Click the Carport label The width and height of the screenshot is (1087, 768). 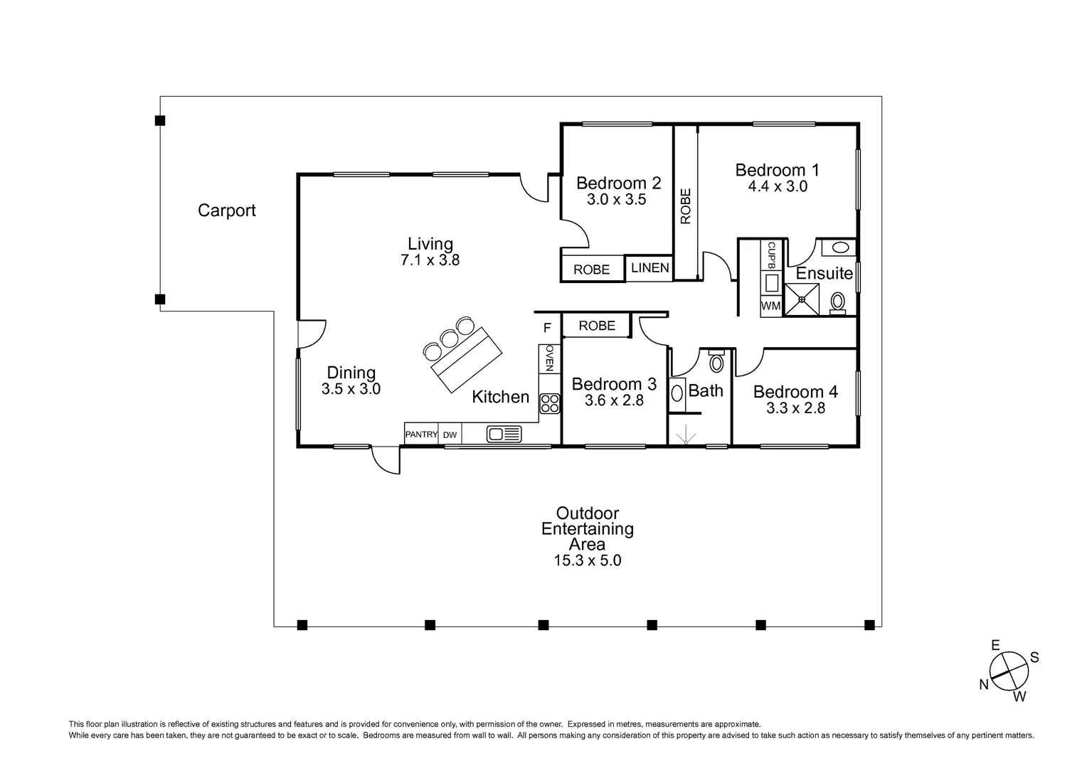[227, 210]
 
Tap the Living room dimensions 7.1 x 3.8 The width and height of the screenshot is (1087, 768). [430, 260]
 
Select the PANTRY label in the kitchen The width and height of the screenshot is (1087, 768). [421, 434]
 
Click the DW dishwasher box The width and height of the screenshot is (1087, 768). [450, 434]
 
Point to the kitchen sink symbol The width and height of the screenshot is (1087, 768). [504, 434]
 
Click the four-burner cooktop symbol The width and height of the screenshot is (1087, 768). [550, 404]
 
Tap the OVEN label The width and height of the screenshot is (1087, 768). [550, 358]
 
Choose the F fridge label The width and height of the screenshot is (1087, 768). [547, 329]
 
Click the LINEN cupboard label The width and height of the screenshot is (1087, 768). [649, 268]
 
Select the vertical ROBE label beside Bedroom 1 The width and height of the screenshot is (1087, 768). [686, 206]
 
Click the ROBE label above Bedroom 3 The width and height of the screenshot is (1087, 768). [597, 326]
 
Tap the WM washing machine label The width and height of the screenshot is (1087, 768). [770, 306]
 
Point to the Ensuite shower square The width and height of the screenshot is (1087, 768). [802, 300]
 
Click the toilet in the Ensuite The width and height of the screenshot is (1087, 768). [837, 303]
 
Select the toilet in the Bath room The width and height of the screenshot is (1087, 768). [716, 361]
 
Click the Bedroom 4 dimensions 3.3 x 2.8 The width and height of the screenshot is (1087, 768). [795, 408]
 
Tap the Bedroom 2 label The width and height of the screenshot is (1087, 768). [618, 183]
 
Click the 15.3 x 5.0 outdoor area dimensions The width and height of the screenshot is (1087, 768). [587, 560]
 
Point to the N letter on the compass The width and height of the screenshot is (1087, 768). [984, 684]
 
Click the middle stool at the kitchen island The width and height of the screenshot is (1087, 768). [449, 338]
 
